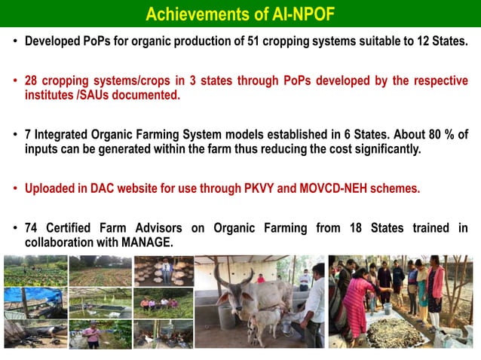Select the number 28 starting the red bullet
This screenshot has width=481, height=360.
pyautogui.click(x=32, y=81)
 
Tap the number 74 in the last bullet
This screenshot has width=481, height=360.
pyautogui.click(x=32, y=228)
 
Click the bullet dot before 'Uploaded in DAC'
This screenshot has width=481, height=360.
pyautogui.click(x=16, y=189)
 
